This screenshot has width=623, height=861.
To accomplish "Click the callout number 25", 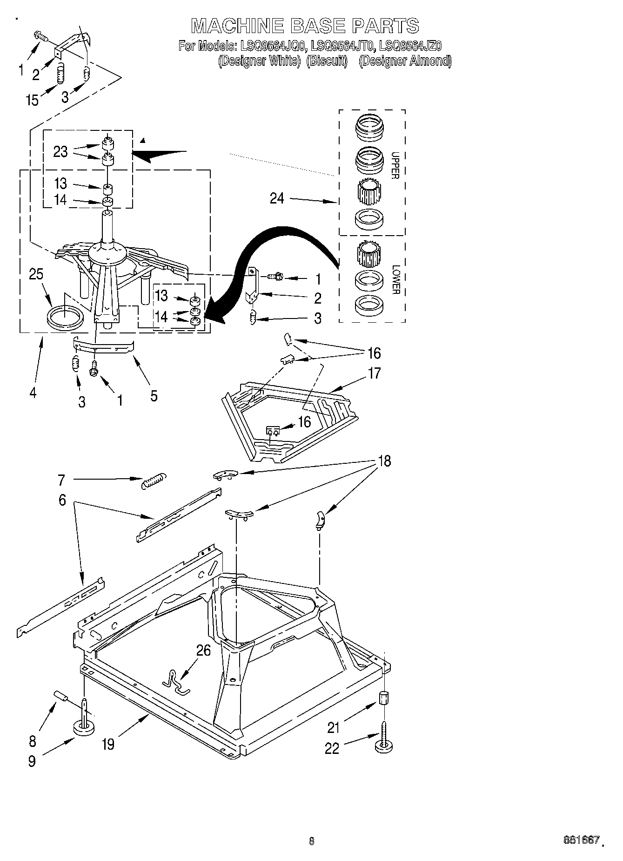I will [x=36, y=274].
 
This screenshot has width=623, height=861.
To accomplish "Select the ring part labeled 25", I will [x=65, y=319].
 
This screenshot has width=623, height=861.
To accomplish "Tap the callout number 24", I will [x=277, y=198].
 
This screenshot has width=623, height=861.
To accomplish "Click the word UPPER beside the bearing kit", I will [x=395, y=165].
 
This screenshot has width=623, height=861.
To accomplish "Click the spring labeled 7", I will [x=153, y=480].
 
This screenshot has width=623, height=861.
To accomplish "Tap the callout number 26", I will [x=203, y=650].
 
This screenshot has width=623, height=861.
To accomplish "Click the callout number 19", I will [x=107, y=744].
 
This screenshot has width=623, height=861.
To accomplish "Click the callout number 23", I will [x=60, y=152].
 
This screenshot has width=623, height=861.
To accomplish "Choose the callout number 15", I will [x=32, y=100].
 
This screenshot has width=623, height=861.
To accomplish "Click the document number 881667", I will [x=581, y=840].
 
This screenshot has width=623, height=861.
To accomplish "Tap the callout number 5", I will [x=154, y=396].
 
